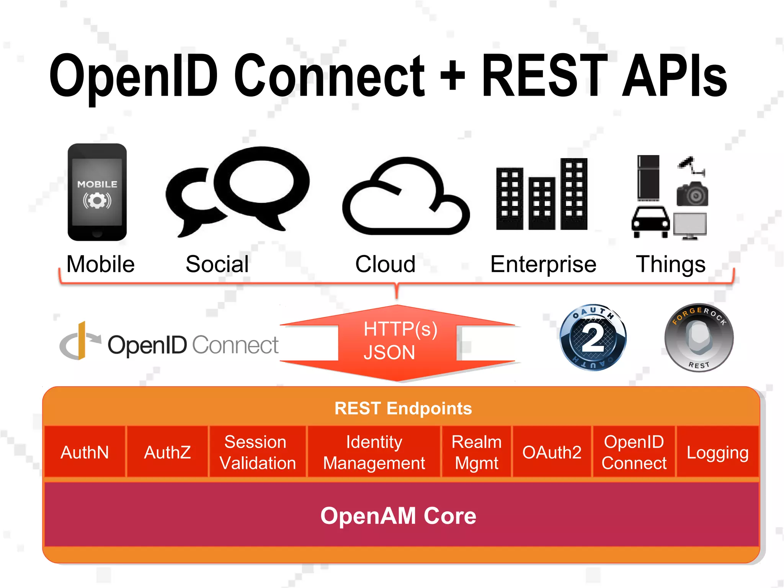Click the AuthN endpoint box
point(85,452)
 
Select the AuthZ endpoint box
point(167,452)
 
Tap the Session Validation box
point(257,452)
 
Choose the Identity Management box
point(374,452)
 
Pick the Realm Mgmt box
point(476,452)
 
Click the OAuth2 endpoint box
point(552,452)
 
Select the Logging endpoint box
point(717,452)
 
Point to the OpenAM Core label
point(398,516)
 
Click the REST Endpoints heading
point(403,408)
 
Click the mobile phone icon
point(97,192)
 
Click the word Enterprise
point(543,264)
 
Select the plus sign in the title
point(452,75)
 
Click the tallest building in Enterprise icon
point(573,193)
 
